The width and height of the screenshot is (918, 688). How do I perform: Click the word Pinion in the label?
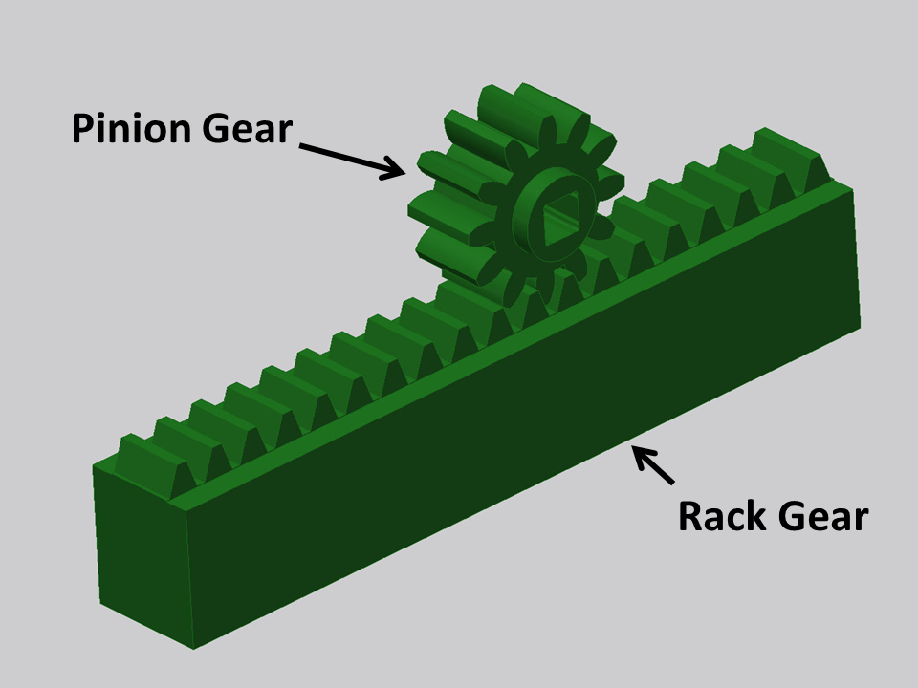pos(132,128)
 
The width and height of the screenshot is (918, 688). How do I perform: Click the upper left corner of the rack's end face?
pos(96,467)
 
